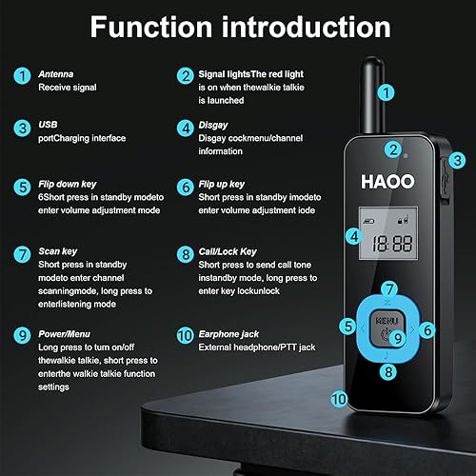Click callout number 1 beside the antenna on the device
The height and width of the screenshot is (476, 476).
click(x=385, y=92)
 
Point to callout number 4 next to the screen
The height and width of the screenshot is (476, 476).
click(x=353, y=236)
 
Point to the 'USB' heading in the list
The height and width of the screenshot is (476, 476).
click(x=49, y=126)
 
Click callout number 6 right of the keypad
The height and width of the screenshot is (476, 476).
click(x=427, y=330)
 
